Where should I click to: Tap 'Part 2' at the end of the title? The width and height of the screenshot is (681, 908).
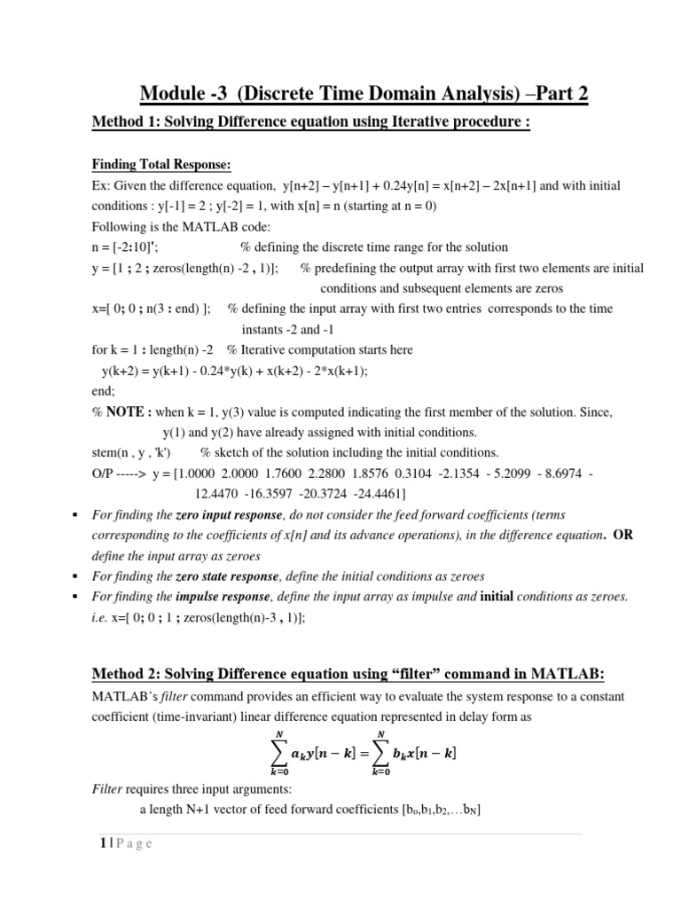(x=557, y=94)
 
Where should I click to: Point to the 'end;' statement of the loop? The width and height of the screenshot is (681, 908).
(x=104, y=391)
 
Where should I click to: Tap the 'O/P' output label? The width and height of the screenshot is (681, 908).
(x=106, y=474)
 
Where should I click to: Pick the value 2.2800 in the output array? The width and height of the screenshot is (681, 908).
(x=331, y=474)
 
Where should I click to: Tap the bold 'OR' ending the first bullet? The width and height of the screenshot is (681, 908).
(x=623, y=535)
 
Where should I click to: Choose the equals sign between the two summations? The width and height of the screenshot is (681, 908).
(x=362, y=754)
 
